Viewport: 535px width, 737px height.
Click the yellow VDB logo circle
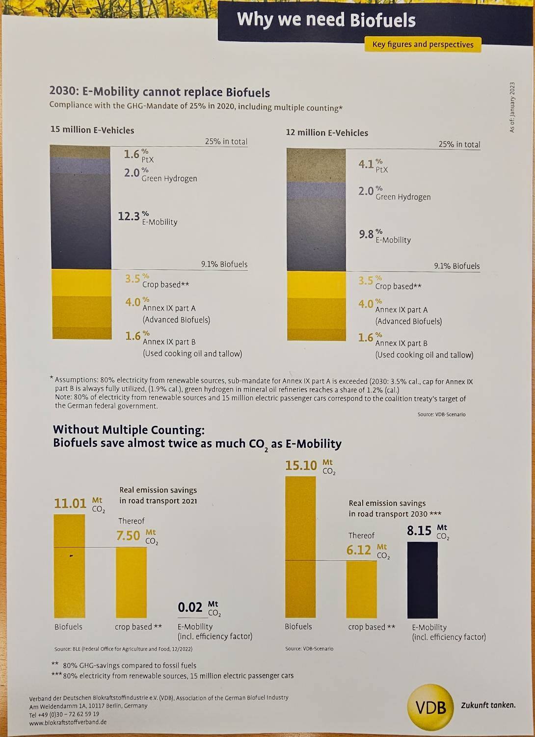pyautogui.click(x=430, y=707)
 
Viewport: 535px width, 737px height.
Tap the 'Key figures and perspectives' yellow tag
pyautogui.click(x=423, y=45)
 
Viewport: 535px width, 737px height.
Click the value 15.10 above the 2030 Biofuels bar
pyautogui.click(x=301, y=465)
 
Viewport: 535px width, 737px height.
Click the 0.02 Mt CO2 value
pyautogui.click(x=190, y=607)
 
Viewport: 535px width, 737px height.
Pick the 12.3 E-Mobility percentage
pyautogui.click(x=129, y=216)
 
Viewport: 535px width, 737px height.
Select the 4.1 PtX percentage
pyautogui.click(x=366, y=164)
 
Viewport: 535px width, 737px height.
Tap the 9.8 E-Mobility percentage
pyautogui.click(x=366, y=234)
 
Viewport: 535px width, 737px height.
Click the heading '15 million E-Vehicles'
pyautogui.click(x=92, y=130)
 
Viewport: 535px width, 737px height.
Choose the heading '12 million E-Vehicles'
pyautogui.click(x=327, y=133)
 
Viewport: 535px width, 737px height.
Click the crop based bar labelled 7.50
pyautogui.click(x=131, y=582)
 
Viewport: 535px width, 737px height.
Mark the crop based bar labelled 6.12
pyautogui.click(x=361, y=589)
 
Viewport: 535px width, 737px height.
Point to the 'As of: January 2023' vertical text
pyautogui.click(x=512, y=107)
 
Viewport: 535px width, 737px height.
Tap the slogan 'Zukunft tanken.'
pyautogui.click(x=488, y=705)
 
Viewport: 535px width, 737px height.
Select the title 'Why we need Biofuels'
pyautogui.click(x=326, y=20)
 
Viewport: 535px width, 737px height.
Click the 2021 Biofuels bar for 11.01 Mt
pyautogui.click(x=69, y=566)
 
